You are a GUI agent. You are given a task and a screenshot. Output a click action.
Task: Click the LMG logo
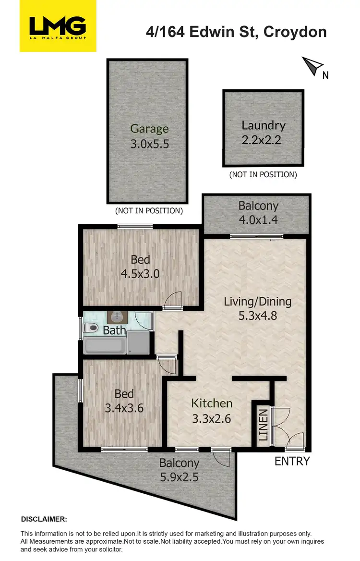(58, 26)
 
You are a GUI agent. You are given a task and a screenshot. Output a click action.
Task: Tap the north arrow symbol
(312, 65)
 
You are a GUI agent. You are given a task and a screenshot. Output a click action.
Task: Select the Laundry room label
(264, 126)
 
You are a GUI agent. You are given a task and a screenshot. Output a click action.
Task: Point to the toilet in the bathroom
(90, 329)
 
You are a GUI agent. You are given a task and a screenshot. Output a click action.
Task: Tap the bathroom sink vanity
(117, 317)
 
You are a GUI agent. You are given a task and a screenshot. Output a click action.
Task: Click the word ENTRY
(292, 461)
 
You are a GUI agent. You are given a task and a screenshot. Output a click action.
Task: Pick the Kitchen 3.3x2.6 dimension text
(212, 419)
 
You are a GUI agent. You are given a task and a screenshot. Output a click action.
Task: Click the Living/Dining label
(258, 302)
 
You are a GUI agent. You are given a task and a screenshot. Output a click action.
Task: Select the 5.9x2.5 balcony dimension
(179, 477)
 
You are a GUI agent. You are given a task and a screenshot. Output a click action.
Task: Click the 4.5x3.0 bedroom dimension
(140, 274)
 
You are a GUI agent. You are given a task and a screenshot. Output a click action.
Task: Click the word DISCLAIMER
(44, 519)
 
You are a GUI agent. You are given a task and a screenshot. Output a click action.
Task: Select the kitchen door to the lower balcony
(221, 457)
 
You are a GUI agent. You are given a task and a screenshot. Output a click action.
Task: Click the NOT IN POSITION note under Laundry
(263, 174)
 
